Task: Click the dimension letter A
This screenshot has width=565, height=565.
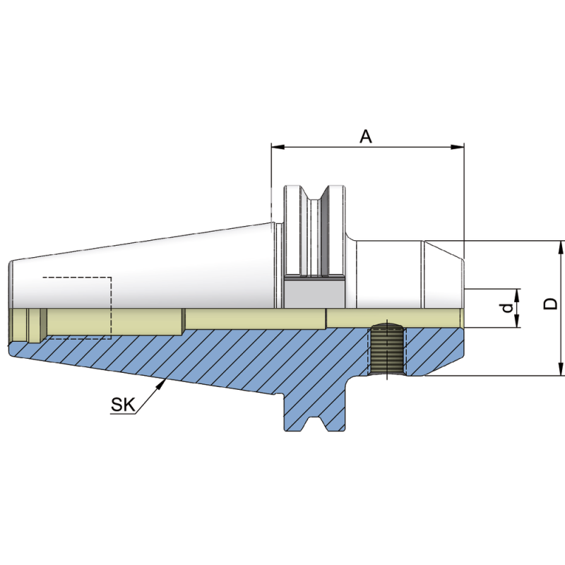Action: click(366, 136)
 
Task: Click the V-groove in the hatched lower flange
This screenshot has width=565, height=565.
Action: click(314, 422)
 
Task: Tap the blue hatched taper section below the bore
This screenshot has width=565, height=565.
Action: click(212, 360)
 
